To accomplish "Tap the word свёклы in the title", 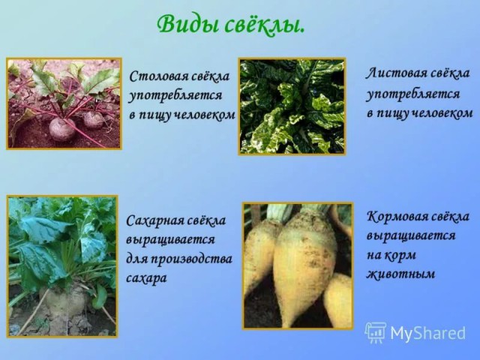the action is coord(265,25).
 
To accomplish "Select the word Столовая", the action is coord(159,76).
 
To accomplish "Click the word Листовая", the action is coord(395,73).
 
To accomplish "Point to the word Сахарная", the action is coord(154,220).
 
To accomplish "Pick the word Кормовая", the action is coord(396,217).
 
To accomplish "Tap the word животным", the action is coord(400,274).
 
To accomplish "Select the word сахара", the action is coord(146,278).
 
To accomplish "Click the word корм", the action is coord(400,255).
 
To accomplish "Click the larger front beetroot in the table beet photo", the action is coord(61,129).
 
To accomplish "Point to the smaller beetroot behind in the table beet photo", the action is coord(94,119).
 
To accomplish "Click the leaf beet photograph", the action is coord(292,106).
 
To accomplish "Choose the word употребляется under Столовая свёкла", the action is coord(175,96).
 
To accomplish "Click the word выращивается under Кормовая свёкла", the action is coord(411,236).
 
